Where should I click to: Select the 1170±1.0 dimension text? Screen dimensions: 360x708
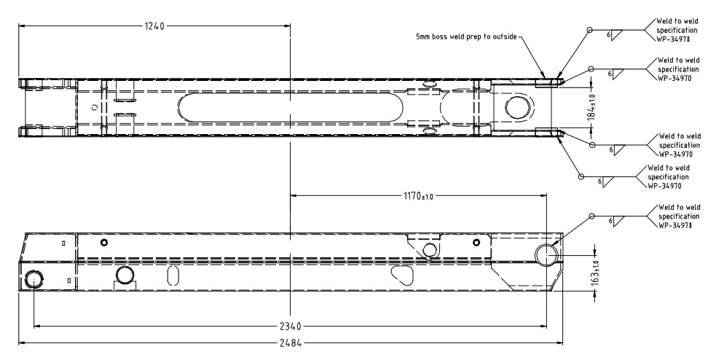coord(418,196)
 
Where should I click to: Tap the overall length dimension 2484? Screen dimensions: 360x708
coord(290,342)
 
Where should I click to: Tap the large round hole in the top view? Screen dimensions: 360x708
coord(516,107)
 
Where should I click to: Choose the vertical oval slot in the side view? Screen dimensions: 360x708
coord(173,275)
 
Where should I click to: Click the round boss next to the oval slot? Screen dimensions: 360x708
coord(125,275)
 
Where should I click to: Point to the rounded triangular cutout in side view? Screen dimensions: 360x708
coord(401,273)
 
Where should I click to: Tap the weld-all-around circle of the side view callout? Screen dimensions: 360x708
coord(591,216)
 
